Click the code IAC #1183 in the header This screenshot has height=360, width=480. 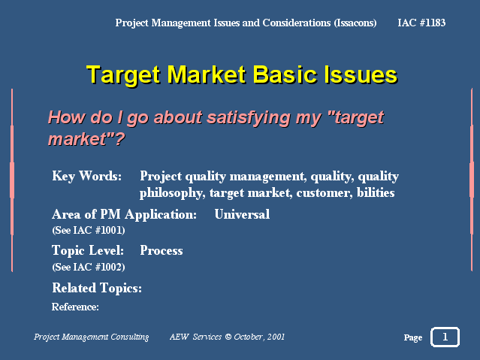(421, 23)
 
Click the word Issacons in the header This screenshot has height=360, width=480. (355, 23)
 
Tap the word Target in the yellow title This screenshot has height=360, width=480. (123, 75)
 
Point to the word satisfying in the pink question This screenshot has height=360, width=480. (249, 118)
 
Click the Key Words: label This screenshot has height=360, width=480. (86, 176)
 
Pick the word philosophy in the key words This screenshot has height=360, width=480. (172, 193)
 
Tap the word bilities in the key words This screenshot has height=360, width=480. (376, 192)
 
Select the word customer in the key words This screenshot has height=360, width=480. (325, 193)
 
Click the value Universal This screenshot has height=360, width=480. (242, 214)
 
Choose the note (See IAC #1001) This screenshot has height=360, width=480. (89, 231)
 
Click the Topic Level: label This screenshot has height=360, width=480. (88, 250)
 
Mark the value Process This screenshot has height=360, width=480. (162, 250)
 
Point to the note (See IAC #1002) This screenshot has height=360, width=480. (89, 267)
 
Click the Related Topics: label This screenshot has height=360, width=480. (97, 289)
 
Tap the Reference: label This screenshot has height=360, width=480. (75, 307)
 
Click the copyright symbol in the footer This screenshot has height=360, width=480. (228, 337)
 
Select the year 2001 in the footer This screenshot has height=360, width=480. (276, 337)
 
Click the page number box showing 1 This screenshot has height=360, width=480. (445, 337)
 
